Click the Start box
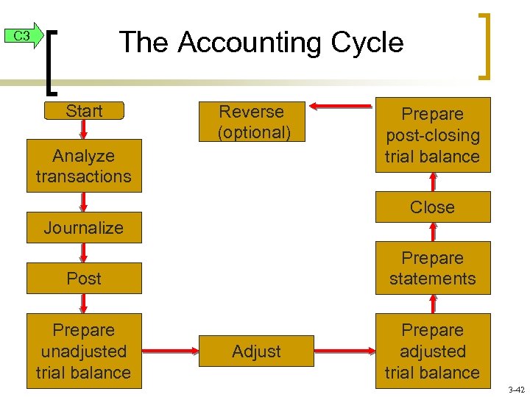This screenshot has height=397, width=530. coord(84,111)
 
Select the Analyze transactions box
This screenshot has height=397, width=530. coord(84,166)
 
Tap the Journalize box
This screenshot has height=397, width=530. coord(84,228)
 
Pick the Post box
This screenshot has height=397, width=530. coord(84,279)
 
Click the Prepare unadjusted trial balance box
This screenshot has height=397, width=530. coord(84,351)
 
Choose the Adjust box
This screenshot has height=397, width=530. coord(256,351)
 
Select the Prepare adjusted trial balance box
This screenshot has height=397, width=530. coord(433,351)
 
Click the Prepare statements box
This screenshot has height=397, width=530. coord(433,268)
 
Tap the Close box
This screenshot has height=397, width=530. coord(433,207)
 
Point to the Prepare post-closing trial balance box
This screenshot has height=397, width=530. coord(433,135)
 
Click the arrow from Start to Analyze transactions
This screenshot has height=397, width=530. coord(84,129)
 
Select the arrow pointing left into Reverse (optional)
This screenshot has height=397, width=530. coord(341,107)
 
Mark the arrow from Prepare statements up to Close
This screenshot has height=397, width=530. coord(433,232)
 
